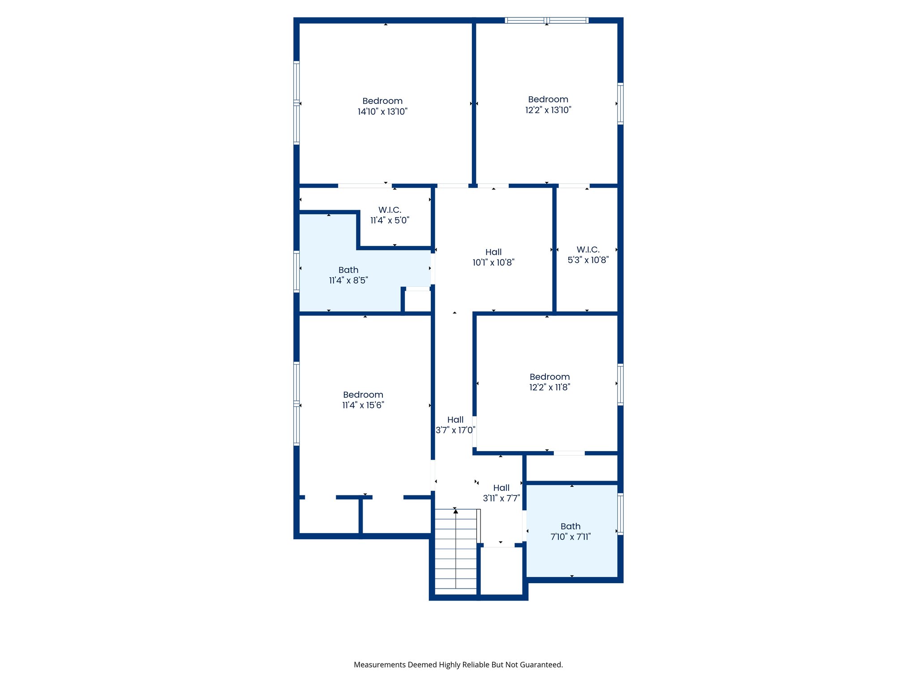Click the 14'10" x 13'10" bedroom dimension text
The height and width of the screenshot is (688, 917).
(x=382, y=112)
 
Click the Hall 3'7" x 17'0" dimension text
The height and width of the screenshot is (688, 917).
(x=455, y=430)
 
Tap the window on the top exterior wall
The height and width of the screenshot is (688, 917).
(x=546, y=20)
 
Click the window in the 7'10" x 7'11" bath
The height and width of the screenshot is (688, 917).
(x=620, y=514)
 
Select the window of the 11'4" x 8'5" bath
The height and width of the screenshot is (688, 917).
(x=296, y=272)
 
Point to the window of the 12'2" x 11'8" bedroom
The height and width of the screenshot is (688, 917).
(x=620, y=384)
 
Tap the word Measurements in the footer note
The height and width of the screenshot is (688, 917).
(x=379, y=665)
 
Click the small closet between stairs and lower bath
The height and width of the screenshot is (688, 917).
(x=501, y=571)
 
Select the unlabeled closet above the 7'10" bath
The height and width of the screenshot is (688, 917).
(x=572, y=468)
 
